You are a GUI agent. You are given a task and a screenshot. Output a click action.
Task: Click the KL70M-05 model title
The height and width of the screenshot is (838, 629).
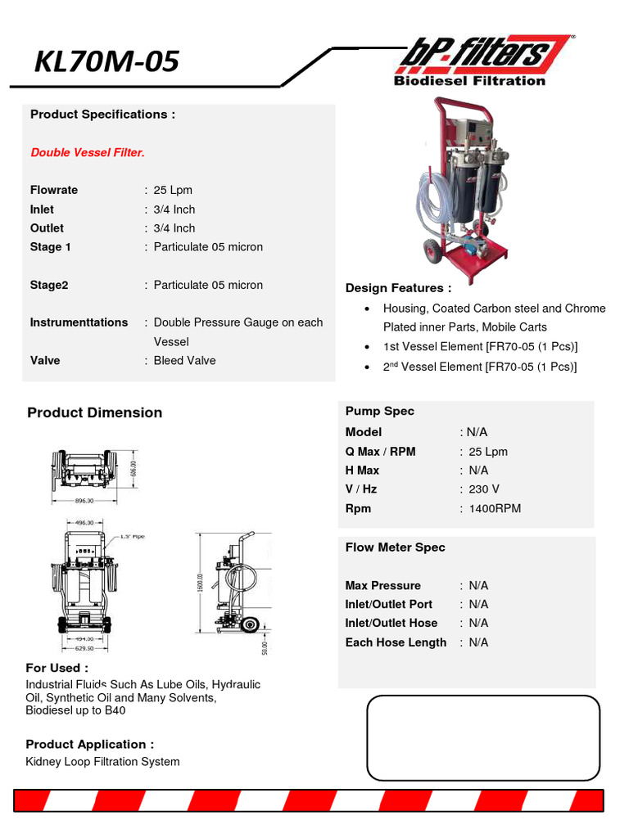(x=106, y=61)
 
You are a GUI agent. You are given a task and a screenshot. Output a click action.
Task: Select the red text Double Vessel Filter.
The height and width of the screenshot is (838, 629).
(x=88, y=153)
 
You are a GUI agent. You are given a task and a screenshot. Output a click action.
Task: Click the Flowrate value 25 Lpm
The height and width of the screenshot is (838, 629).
(x=173, y=190)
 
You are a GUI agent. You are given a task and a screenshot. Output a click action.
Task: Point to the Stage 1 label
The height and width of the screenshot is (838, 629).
(x=51, y=247)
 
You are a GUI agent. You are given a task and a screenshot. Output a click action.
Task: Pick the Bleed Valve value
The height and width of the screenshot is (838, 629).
(x=185, y=361)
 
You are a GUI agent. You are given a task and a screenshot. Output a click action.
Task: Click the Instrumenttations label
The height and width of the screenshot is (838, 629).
(x=79, y=322)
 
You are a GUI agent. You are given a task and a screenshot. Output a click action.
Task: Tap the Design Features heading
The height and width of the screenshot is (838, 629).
(x=398, y=288)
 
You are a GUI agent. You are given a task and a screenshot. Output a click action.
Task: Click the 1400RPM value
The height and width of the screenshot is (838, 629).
(x=495, y=509)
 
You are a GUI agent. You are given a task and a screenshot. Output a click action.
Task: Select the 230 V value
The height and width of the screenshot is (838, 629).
(x=484, y=489)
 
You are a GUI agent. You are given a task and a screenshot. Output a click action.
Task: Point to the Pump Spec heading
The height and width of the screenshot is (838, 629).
(x=380, y=412)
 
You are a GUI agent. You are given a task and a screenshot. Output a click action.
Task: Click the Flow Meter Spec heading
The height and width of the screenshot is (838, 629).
(x=395, y=547)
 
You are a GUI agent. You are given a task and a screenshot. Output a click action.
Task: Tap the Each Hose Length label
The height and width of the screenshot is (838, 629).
(x=396, y=643)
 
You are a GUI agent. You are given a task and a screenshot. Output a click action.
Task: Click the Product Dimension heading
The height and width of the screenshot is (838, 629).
(x=94, y=413)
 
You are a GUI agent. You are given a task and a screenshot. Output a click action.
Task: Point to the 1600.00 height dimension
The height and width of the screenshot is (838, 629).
(x=200, y=583)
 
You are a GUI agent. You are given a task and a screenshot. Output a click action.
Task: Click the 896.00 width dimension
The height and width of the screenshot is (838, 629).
(x=85, y=501)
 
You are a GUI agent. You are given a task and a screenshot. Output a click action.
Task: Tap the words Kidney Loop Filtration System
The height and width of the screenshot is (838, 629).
(x=102, y=762)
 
